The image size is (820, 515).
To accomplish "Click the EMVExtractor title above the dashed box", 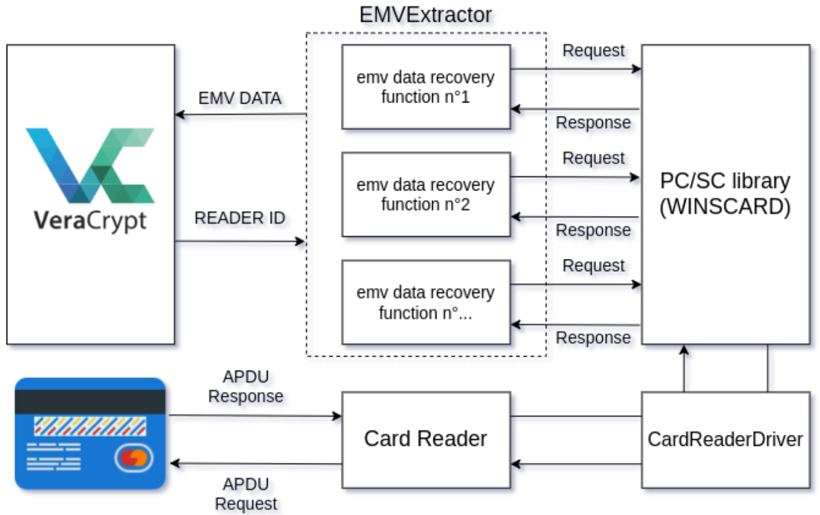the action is (x=425, y=15).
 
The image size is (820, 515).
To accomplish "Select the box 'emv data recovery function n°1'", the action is (x=426, y=87).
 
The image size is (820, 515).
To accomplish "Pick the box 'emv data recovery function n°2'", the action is (x=426, y=195).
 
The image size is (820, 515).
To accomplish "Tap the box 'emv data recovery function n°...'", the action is (x=426, y=303).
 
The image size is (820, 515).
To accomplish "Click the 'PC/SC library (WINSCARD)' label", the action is (x=725, y=194).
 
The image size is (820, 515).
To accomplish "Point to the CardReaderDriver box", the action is (x=725, y=440).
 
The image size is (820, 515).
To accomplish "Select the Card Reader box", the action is (x=426, y=440).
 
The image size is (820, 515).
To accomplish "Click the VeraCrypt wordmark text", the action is (x=90, y=221).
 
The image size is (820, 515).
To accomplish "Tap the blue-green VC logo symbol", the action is (x=90, y=166).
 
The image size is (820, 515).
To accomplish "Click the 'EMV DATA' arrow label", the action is (x=240, y=98).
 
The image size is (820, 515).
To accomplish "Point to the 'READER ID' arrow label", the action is (x=240, y=218).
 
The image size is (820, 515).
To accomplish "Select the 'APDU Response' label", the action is (x=246, y=386).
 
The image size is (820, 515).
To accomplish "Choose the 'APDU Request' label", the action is (x=246, y=494).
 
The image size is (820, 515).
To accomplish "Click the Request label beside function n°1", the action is (x=594, y=50).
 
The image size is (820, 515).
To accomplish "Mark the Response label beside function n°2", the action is (x=594, y=230).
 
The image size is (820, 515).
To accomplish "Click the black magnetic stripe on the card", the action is (x=90, y=402).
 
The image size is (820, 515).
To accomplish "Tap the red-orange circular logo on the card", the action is (x=134, y=458).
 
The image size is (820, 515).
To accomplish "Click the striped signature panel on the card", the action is (x=90, y=426).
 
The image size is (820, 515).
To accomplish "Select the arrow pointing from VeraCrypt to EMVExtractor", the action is (x=240, y=241).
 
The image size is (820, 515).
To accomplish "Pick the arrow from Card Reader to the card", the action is (x=256, y=464).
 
